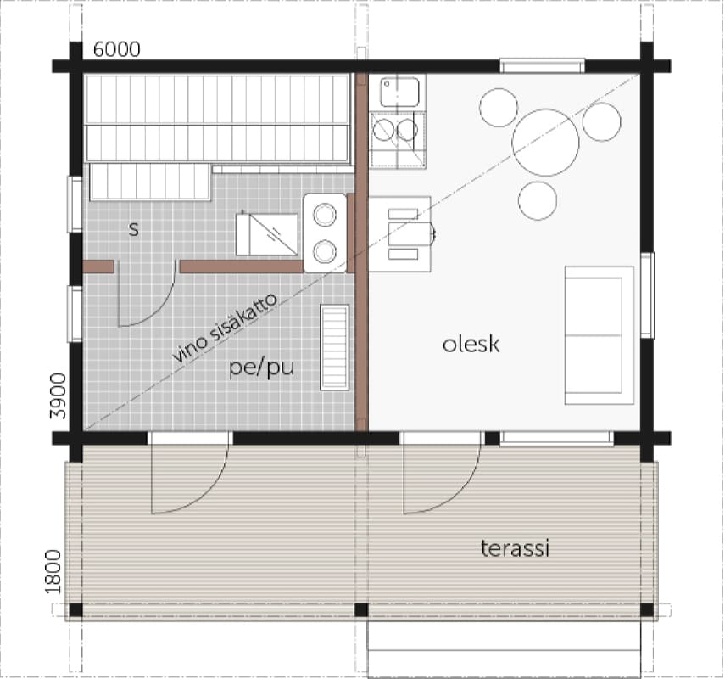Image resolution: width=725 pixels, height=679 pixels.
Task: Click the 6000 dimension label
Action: [x=116, y=49]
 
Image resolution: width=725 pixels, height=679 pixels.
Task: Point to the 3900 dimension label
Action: [x=59, y=396]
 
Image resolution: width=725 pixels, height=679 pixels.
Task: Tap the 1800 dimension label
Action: [x=53, y=571]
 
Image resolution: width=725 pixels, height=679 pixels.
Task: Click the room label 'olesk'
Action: [x=471, y=345]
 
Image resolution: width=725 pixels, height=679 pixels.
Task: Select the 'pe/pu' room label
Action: [x=262, y=368]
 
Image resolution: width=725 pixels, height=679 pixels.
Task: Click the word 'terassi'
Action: [x=515, y=548]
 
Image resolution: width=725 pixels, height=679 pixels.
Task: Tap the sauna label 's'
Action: [x=134, y=228]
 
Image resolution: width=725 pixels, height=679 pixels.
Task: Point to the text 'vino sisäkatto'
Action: [x=226, y=328]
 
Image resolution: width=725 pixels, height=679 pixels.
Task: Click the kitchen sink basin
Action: [x=399, y=92]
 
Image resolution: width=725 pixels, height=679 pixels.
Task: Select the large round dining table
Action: [x=545, y=142]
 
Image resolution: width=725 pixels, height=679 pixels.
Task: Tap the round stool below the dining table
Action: [x=538, y=200]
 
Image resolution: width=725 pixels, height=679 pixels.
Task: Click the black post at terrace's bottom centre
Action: [x=361, y=610]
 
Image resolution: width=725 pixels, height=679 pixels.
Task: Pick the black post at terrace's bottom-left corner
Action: [x=75, y=610]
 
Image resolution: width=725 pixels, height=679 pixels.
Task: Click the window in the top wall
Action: [x=543, y=65]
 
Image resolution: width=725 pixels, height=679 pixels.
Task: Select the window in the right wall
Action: [x=647, y=295]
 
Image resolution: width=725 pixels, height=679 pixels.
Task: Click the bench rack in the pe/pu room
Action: [x=334, y=347]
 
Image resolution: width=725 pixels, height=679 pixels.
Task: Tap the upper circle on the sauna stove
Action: [x=324, y=214]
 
